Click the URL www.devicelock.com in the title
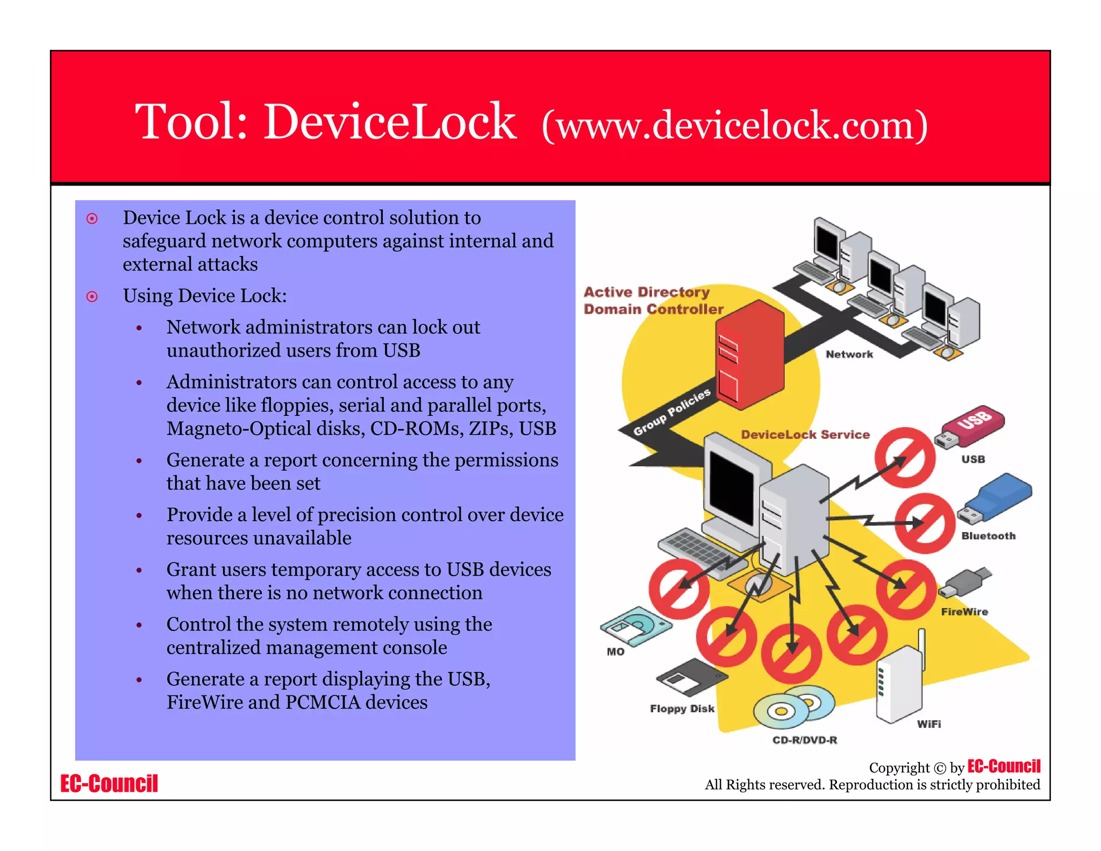[735, 125]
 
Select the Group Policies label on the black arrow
[671, 412]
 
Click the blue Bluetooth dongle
[998, 496]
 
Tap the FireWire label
[964, 612]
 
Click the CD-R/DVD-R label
[804, 740]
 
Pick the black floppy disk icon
[692, 677]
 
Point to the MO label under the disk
[615, 651]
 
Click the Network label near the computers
[849, 354]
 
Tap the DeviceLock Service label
[805, 435]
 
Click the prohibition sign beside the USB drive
[905, 458]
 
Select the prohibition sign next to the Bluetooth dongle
[925, 523]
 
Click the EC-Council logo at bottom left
[109, 783]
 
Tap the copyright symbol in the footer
[939, 768]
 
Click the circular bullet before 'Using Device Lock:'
[92, 296]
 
